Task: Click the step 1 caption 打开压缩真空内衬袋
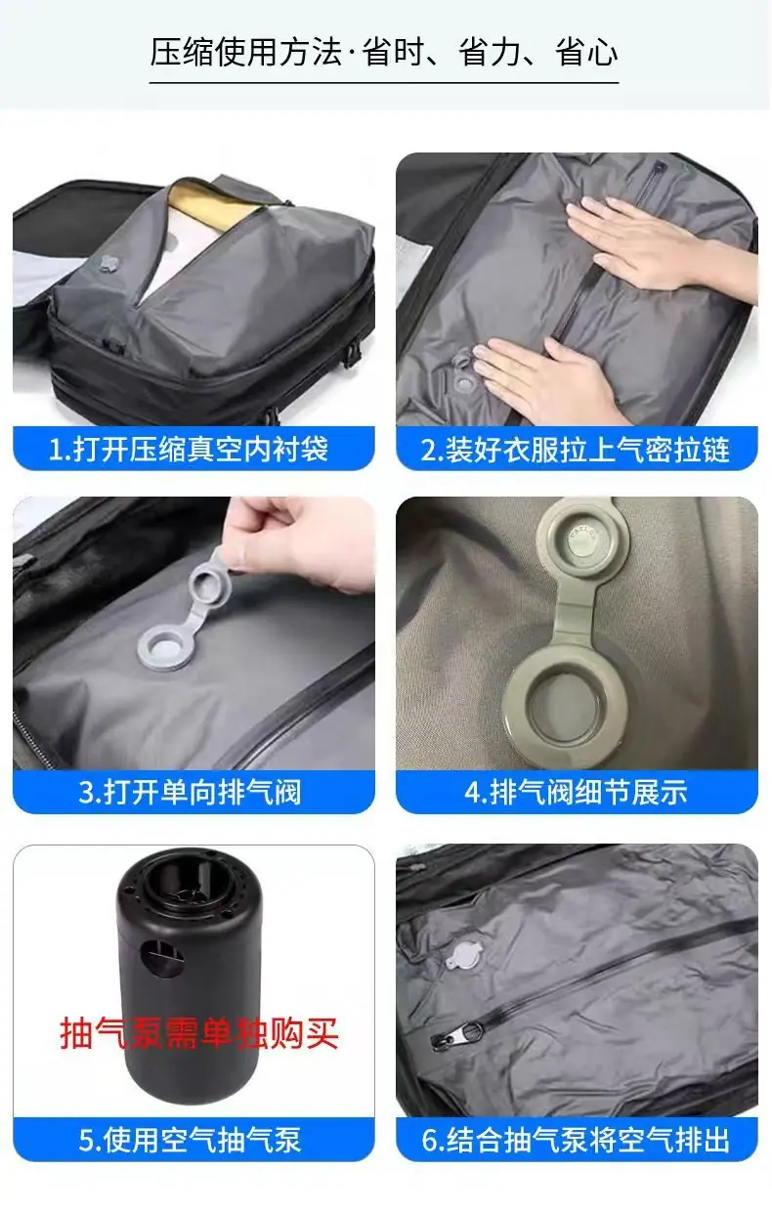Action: pos(189,449)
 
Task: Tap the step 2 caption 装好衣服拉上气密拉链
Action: pos(576,449)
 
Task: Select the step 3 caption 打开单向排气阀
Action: pos(190,792)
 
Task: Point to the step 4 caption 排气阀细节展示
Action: pos(576,792)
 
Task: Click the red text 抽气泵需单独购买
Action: pos(199,1033)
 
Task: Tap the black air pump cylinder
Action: pos(188,976)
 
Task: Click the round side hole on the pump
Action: pos(161,959)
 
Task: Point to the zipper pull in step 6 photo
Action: pos(456,1037)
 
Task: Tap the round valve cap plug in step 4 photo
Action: pos(581,540)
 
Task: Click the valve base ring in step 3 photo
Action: pos(166,646)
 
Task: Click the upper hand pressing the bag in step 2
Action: pos(656,246)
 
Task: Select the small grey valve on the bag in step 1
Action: pos(108,263)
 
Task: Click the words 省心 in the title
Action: pos(586,52)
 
